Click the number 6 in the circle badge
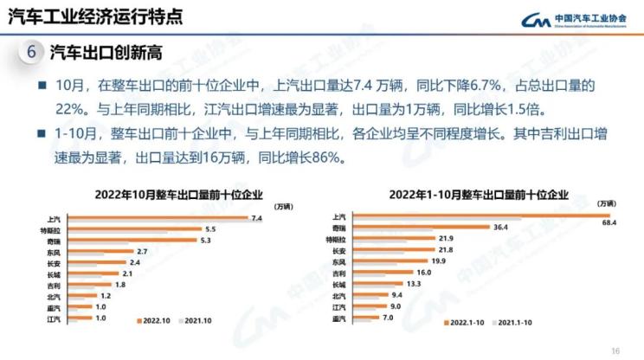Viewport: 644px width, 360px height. point(31,51)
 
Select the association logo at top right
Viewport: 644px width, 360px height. point(575,19)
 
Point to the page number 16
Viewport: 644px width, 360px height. point(615,350)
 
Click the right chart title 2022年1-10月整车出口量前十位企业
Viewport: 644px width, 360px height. point(479,194)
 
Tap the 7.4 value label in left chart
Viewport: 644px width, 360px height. point(256,218)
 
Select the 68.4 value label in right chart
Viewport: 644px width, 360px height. point(609,223)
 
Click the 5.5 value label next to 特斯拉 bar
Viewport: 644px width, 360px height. point(209,229)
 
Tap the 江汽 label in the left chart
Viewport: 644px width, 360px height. point(54,319)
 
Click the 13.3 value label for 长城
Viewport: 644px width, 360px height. point(413,283)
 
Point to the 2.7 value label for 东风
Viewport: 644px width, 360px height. point(143,252)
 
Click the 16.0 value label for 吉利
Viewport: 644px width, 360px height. point(422,272)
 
